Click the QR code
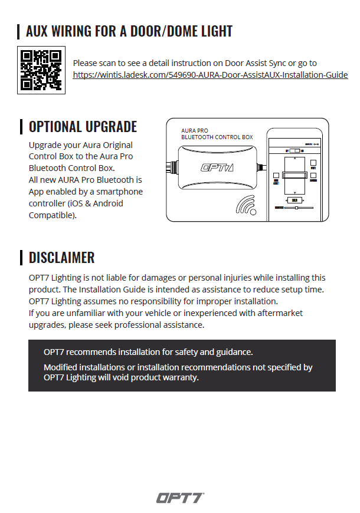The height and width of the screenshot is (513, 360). (x=41, y=70)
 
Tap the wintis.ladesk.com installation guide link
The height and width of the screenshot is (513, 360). (x=210, y=75)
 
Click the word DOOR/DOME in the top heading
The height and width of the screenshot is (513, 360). (x=152, y=31)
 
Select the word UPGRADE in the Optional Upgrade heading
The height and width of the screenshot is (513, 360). (x=109, y=127)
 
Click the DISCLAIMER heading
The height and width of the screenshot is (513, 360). (x=61, y=258)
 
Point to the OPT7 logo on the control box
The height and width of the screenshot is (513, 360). (x=217, y=167)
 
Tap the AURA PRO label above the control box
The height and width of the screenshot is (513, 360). (x=195, y=131)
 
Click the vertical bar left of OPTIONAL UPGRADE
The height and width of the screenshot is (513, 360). (x=22, y=127)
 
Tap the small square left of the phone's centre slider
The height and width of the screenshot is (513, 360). (x=276, y=175)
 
